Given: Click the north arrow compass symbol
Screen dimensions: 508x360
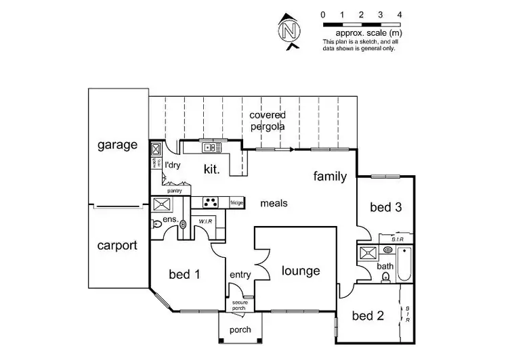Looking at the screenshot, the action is (290, 31).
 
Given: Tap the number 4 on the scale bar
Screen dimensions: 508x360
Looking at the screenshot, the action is (400, 14).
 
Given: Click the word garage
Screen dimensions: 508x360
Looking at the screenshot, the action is (117, 145).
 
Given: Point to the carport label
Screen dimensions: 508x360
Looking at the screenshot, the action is (117, 245).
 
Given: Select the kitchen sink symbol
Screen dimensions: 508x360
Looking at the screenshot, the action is (209, 147).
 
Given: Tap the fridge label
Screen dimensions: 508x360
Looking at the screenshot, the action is (236, 202).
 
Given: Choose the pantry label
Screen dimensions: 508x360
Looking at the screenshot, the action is (175, 191).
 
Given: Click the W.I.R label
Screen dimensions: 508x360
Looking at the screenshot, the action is (206, 222).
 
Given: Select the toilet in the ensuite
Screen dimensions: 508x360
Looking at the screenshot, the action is (158, 223).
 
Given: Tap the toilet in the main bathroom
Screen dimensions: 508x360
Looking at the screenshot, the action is (385, 277).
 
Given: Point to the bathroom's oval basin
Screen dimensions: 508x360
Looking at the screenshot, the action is (388, 250).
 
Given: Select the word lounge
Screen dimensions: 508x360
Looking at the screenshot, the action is (301, 271).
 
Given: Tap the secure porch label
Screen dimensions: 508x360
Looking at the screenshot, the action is (238, 305).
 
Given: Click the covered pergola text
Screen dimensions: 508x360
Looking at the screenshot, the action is (267, 120).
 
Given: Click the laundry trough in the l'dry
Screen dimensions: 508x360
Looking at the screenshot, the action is (156, 150).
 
